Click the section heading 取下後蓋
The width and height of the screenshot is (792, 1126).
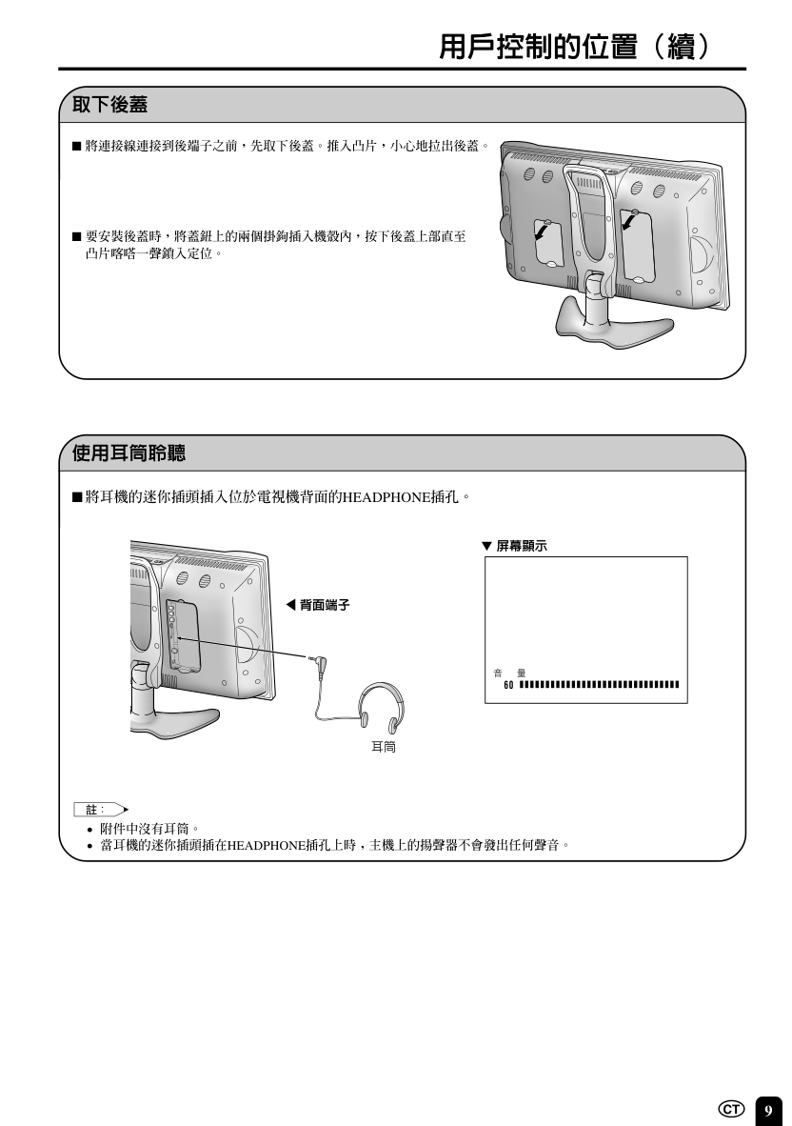pos(109,105)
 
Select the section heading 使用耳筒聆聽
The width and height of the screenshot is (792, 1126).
pos(129,452)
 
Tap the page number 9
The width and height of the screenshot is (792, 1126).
pos(768,1110)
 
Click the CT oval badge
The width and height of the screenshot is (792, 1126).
pos(732,1110)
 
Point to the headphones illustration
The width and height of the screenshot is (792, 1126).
pos(382,704)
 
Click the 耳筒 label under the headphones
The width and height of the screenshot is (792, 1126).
pos(383,747)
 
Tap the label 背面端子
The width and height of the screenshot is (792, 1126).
pos(325,605)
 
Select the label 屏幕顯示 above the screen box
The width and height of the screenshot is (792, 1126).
pos(522,546)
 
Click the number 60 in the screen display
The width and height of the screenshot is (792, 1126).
pos(508,685)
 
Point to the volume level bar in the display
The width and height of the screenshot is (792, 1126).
pos(599,685)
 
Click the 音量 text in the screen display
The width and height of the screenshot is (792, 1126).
pos(509,673)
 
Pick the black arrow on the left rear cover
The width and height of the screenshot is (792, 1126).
pos(543,231)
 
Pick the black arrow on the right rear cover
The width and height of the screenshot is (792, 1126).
pos(630,220)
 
